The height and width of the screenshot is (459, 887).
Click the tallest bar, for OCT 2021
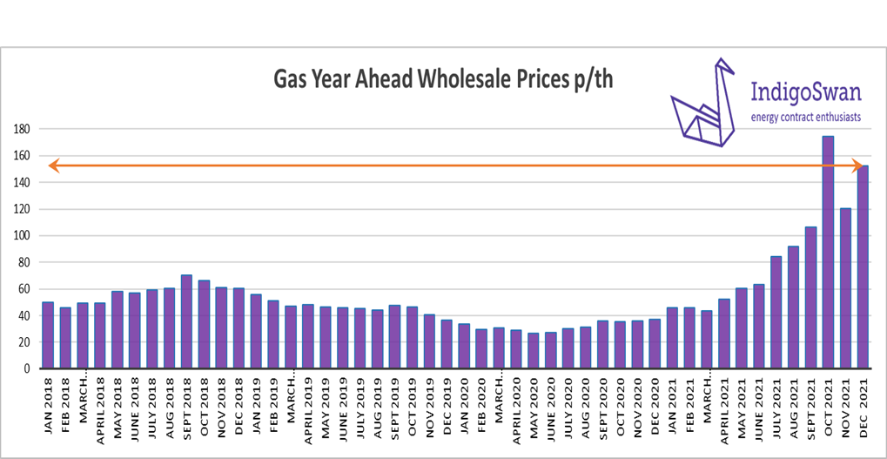coord(828,253)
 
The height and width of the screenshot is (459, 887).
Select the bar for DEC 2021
coord(863,267)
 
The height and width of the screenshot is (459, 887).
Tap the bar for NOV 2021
coord(845,288)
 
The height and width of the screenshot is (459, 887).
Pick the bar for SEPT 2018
coord(186,321)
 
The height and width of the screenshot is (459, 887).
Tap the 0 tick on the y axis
coord(26,368)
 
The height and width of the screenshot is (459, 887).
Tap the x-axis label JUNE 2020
coord(551,402)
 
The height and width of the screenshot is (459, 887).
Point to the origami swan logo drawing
coord(704,109)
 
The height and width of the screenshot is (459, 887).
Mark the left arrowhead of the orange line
coord(53,165)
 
